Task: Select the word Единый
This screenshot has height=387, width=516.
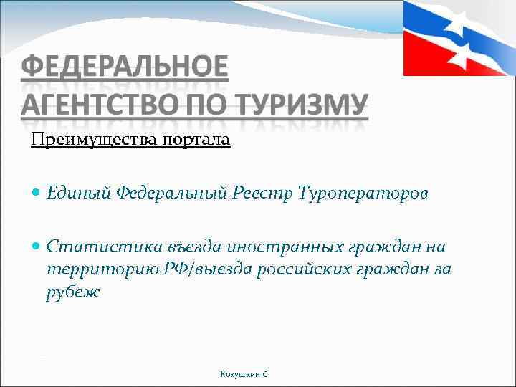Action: tap(79, 193)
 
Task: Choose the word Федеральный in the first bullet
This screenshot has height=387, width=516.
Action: tap(172, 193)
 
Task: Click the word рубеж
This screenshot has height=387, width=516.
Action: tap(74, 292)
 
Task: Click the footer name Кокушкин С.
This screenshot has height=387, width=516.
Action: tap(245, 374)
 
